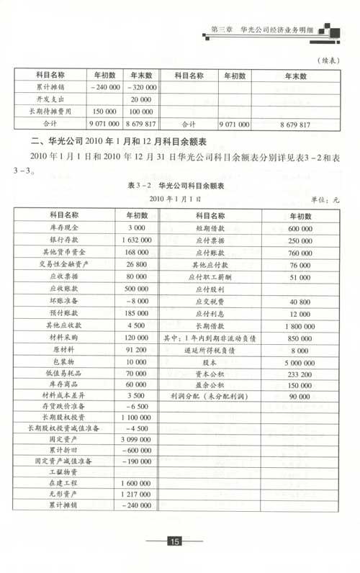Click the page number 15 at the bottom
(x=174, y=541)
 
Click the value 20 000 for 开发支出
(x=141, y=99)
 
